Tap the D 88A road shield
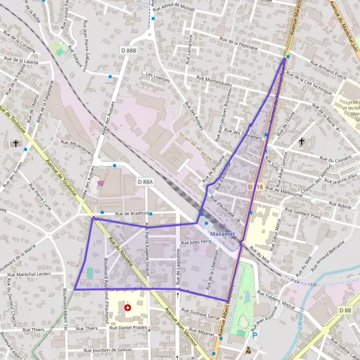pyautogui.click(x=145, y=181)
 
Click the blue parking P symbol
pyautogui.click(x=254, y=336)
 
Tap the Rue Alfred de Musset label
pyautogui.click(x=191, y=10)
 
